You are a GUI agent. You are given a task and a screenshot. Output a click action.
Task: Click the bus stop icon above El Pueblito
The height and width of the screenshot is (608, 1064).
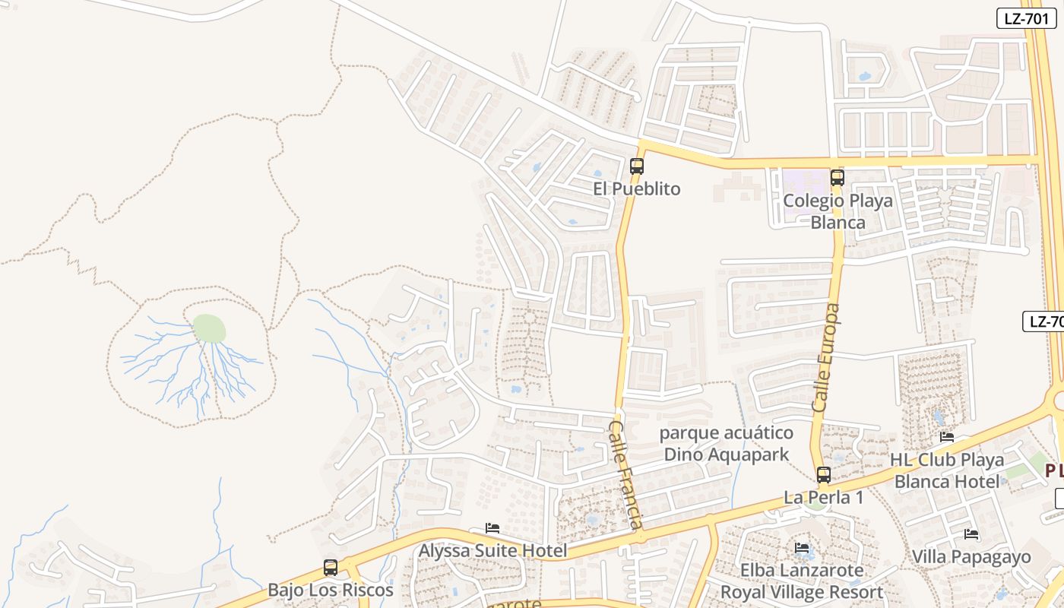[637, 166]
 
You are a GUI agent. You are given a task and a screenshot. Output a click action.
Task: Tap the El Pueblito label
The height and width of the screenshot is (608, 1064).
[637, 188]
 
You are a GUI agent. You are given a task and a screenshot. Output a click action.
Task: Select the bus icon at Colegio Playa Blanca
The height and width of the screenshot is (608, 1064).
[837, 178]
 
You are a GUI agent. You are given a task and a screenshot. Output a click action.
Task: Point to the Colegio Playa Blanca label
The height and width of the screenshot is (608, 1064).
[838, 211]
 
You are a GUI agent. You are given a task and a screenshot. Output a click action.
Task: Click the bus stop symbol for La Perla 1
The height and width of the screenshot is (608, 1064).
[823, 475]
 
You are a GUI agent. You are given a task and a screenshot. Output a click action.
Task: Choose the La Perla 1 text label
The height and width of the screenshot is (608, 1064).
[823, 498]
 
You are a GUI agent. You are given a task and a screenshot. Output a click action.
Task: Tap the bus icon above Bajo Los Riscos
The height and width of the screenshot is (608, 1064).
[331, 567]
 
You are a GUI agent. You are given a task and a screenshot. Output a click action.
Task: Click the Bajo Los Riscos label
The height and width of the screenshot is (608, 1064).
[331, 590]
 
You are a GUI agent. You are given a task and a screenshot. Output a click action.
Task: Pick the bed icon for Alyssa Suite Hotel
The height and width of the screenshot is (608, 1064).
[492, 528]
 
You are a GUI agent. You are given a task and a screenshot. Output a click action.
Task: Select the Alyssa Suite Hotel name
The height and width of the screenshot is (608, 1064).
[493, 550]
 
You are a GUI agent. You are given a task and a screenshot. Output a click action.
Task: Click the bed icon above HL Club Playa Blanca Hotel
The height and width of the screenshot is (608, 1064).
[947, 437]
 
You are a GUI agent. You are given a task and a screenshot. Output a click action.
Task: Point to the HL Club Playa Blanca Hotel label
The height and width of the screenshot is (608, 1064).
[947, 470]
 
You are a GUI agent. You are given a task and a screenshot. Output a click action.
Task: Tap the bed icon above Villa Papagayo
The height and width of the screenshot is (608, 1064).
[971, 534]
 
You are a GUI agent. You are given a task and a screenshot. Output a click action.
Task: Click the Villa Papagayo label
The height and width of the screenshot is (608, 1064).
[971, 557]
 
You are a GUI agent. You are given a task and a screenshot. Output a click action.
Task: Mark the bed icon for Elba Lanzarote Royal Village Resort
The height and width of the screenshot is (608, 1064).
[802, 548]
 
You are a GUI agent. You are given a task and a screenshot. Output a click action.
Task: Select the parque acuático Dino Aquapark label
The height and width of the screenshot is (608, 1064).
[727, 444]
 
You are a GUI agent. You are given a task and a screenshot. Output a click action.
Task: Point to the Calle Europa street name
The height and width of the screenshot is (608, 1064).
[826, 358]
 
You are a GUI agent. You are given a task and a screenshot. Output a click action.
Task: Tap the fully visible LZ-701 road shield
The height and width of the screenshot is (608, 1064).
[1026, 19]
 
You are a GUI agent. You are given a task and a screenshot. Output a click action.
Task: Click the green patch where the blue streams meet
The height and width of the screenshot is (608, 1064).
[209, 328]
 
